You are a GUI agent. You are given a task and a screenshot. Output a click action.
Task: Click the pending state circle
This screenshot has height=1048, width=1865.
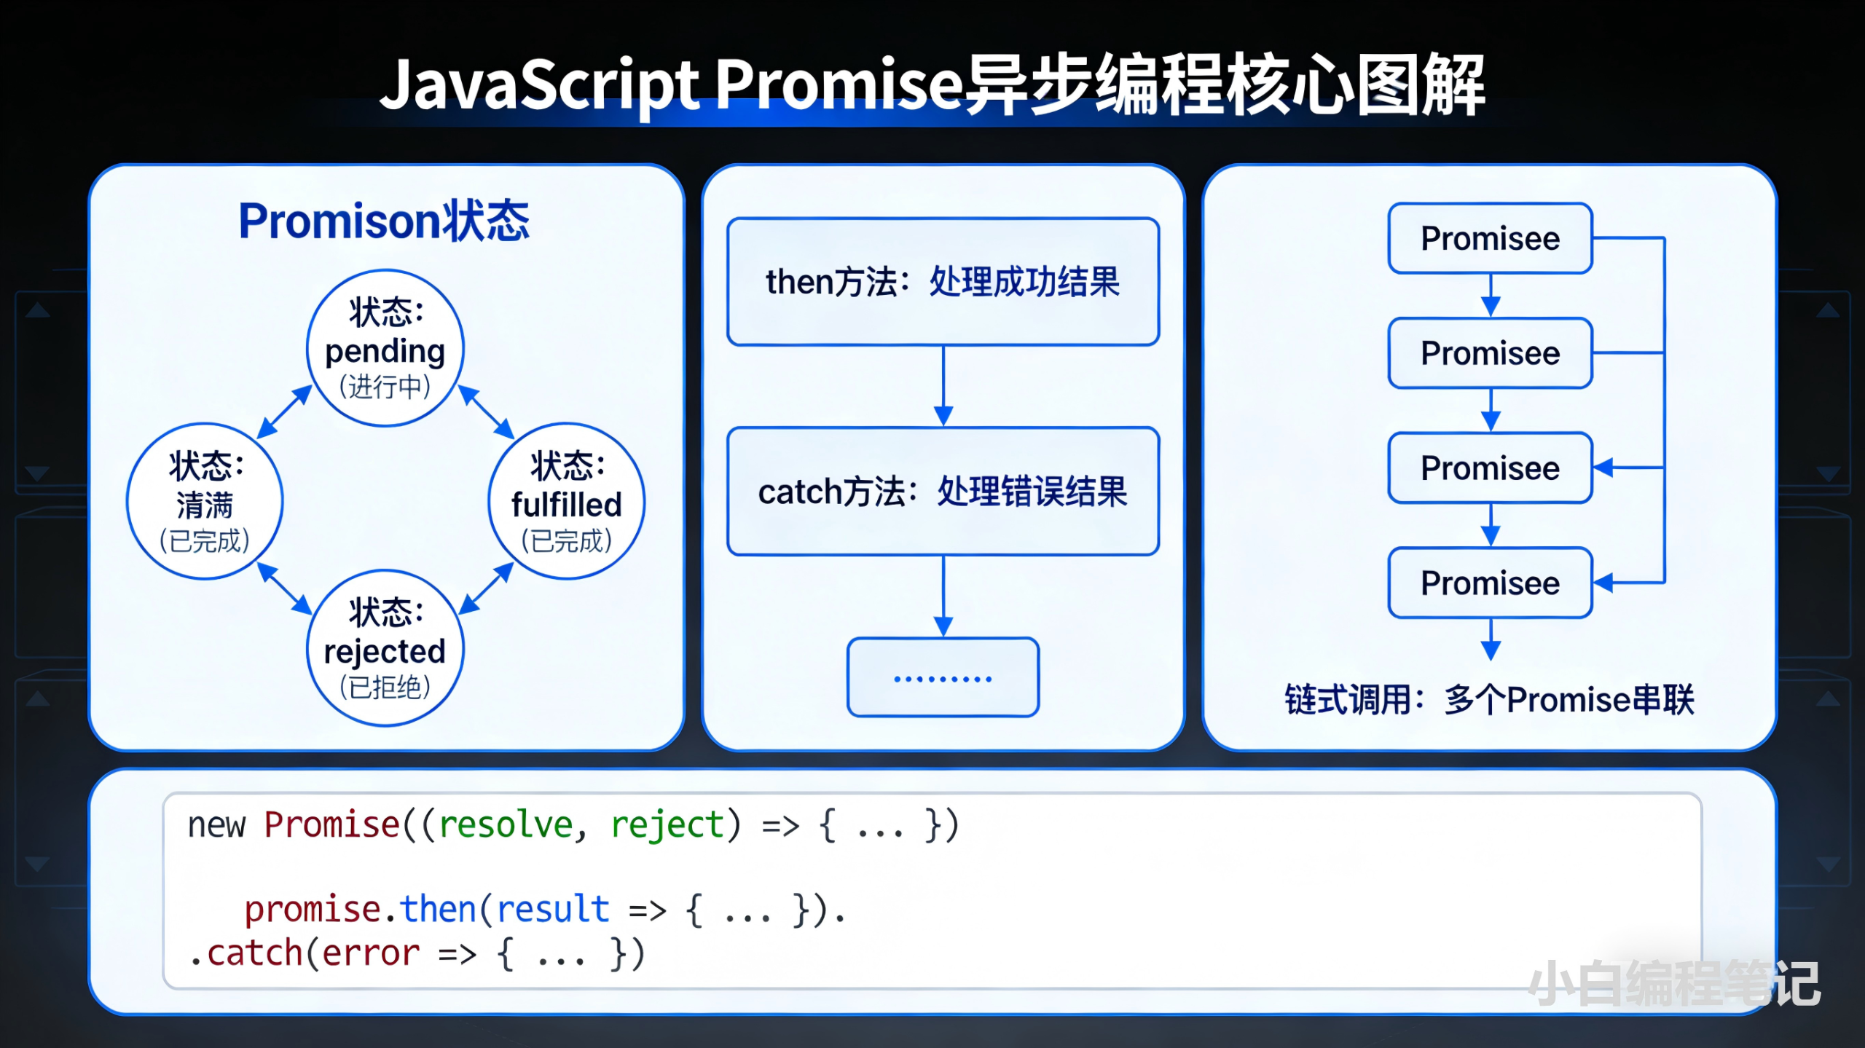pos(385,348)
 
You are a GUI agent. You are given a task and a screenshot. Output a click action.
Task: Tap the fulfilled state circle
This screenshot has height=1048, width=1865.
pos(566,502)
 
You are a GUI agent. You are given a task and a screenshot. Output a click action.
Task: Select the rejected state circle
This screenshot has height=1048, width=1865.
pos(385,648)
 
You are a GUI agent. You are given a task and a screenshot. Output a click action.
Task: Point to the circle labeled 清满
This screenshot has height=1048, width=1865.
pos(205,502)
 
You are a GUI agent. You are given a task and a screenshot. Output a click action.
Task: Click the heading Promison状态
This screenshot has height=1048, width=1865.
pos(384,221)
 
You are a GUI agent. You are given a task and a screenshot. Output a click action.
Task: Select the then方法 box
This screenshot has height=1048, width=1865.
pos(943,282)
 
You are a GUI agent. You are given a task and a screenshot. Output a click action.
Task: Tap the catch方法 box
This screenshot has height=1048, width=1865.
pos(943,492)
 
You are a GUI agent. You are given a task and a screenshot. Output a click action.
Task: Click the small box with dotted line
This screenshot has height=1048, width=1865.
pos(943,678)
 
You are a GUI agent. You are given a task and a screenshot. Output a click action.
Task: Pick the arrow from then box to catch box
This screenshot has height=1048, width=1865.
pos(943,386)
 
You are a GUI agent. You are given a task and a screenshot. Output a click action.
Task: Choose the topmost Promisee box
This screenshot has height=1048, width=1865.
pos(1490,239)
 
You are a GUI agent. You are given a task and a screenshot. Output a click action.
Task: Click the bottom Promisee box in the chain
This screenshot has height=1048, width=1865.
pos(1490,583)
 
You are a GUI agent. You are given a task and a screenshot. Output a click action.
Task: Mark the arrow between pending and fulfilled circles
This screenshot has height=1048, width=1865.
pos(486,413)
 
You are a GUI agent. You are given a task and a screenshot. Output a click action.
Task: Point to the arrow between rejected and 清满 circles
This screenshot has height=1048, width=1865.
pos(284,588)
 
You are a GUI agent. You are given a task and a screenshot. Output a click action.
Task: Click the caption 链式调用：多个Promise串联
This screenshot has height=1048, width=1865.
pos(1488,700)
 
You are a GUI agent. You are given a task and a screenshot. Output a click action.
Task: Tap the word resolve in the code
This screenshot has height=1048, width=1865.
pos(506,825)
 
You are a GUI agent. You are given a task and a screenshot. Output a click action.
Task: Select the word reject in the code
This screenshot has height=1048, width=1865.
pos(667,825)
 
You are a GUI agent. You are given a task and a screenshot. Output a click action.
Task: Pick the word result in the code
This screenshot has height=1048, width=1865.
pos(553,910)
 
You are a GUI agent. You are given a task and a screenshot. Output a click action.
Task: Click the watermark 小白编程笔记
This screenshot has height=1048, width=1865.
pos(1673,984)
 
